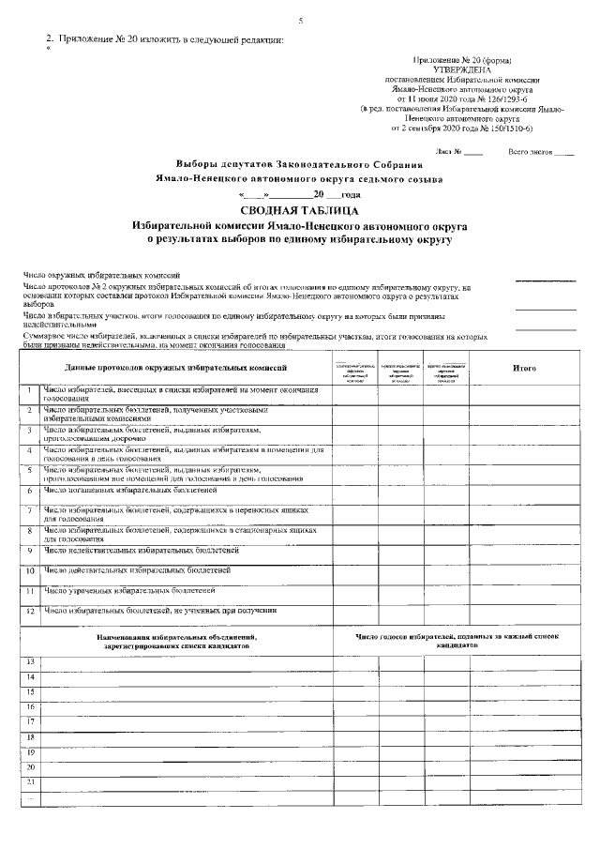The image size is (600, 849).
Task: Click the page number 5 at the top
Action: pos(300,21)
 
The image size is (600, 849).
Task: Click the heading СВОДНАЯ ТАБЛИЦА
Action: pos(299,211)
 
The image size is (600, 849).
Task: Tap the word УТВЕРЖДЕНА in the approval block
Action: pos(458,69)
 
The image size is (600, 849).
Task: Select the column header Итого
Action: pos(524,369)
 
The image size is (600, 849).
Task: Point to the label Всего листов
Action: pos(529,151)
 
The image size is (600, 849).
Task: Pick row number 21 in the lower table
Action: pos(30,781)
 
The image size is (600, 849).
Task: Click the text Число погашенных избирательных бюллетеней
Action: pos(130,490)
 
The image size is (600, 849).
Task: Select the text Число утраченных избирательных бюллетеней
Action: pos(130,590)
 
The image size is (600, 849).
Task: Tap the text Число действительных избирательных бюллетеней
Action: pos(137,569)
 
